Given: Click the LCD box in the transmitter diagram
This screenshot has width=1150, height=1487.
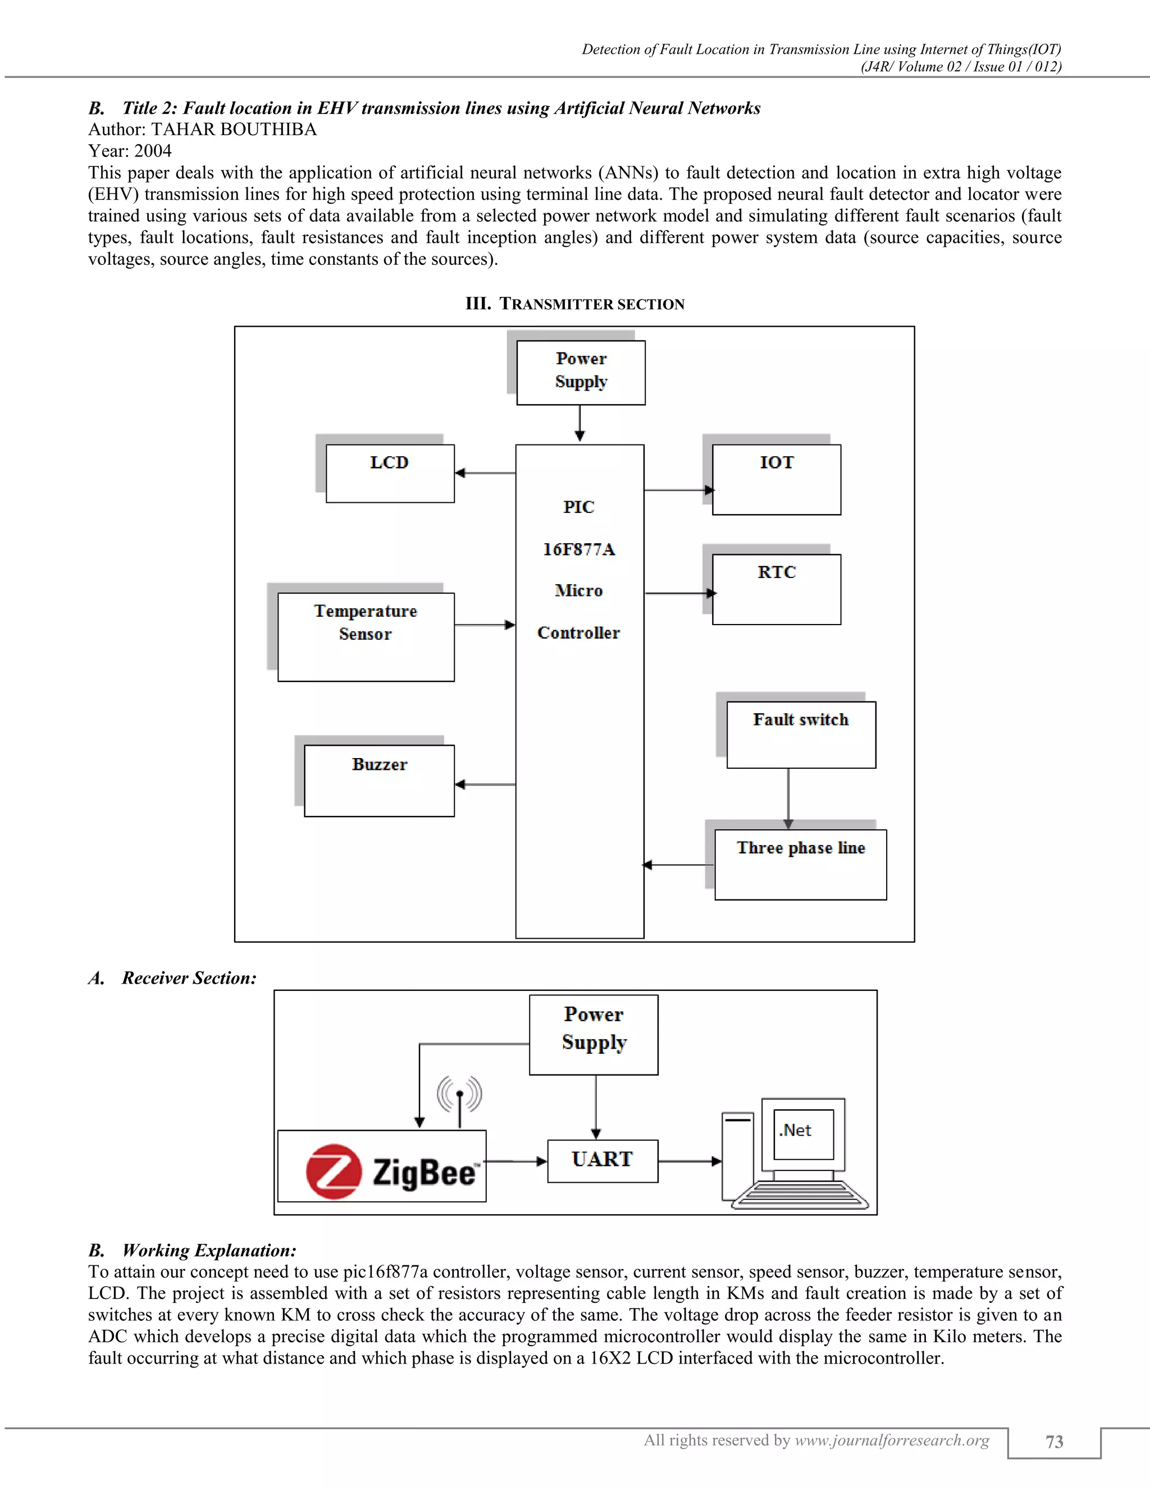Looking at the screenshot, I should (x=390, y=474).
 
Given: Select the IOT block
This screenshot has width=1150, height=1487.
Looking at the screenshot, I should (x=776, y=480).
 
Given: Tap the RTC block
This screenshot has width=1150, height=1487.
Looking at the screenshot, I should (x=776, y=589).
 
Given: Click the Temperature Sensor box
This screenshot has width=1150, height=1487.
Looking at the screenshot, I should (x=366, y=637).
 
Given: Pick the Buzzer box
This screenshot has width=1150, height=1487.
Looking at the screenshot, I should (x=379, y=781).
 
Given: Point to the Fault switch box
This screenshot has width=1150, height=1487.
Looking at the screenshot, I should (x=801, y=735).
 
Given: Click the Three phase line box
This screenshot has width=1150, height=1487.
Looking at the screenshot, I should (x=801, y=864).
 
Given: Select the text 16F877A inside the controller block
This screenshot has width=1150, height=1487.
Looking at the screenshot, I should (x=579, y=549).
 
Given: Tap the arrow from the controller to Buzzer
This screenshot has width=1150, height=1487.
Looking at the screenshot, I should (x=485, y=784).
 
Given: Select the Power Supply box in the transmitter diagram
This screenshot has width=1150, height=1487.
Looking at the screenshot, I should (x=581, y=373).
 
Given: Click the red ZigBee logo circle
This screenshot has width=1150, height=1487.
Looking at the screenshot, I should (x=333, y=1171).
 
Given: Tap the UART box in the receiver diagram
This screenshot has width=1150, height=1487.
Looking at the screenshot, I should (x=603, y=1161).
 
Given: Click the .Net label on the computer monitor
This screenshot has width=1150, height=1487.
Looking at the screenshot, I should (x=795, y=1131).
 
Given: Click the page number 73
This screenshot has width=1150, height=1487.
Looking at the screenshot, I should (x=1054, y=1442).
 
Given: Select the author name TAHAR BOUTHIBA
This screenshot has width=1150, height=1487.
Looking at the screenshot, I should (x=234, y=130).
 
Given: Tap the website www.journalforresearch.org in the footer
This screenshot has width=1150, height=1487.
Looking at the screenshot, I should (x=892, y=1440).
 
